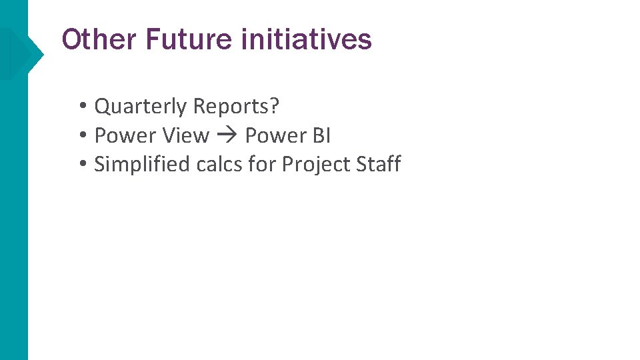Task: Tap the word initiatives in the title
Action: click(x=306, y=40)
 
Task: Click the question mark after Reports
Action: click(x=274, y=107)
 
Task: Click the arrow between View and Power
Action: click(x=227, y=136)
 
